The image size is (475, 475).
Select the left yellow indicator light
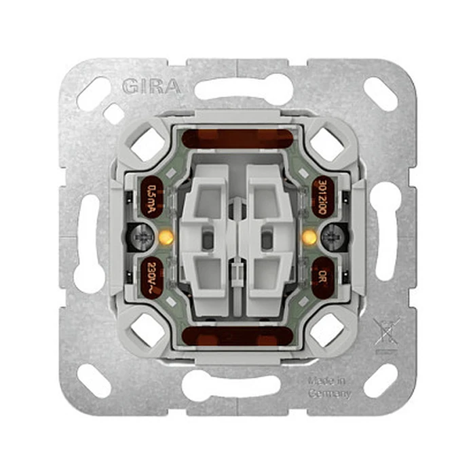(164, 237)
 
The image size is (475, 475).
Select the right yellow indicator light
(309, 237)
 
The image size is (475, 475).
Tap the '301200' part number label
(323, 197)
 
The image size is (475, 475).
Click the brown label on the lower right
(323, 276)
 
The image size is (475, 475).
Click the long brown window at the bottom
(237, 335)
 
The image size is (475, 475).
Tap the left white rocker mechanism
(205, 237)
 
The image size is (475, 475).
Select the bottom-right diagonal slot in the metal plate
(381, 381)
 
